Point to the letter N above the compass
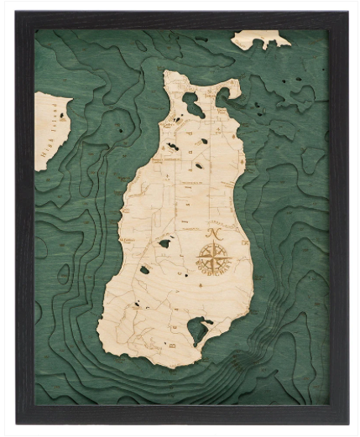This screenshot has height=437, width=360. pyautogui.click(x=214, y=233)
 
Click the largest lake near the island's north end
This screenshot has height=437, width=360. pyautogui.click(x=192, y=106)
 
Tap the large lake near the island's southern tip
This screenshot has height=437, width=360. pyautogui.click(x=199, y=330)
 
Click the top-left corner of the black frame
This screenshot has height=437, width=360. pyautogui.click(x=17, y=13)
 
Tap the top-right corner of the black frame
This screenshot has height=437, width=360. pyautogui.click(x=347, y=13)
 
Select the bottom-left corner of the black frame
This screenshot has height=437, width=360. pyautogui.click(x=17, y=423)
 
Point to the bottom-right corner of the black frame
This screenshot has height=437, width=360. pyautogui.click(x=347, y=423)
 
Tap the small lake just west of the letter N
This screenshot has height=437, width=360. pyautogui.click(x=164, y=242)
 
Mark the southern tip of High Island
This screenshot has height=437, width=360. pyautogui.click(x=39, y=169)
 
